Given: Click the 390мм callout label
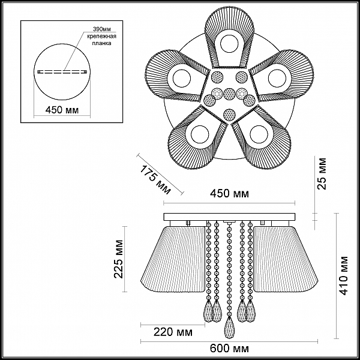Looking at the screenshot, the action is [x=102, y=29].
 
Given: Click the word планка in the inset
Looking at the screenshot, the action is [x=102, y=43].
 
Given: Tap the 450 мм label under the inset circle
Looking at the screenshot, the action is [x=62, y=110].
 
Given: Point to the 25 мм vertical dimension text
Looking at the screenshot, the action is [x=322, y=173].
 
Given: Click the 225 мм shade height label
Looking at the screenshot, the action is [x=119, y=259].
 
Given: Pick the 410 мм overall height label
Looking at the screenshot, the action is [x=343, y=275].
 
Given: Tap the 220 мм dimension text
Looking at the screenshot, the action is [x=173, y=332].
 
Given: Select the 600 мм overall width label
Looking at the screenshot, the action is [x=229, y=349].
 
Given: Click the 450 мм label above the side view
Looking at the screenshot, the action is [x=230, y=194].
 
